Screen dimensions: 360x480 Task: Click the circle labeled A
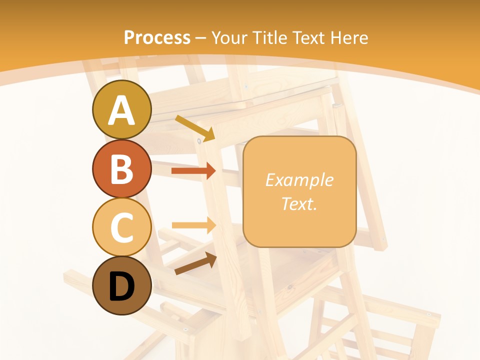point(121,109)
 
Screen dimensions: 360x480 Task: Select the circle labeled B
point(121,168)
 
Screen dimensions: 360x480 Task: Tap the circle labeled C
point(121,227)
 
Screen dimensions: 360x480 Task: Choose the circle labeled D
point(121,285)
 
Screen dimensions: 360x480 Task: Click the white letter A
point(121,110)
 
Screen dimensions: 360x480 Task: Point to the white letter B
point(121,169)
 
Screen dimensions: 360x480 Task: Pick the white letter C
point(121,227)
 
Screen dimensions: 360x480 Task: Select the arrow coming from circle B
point(193,171)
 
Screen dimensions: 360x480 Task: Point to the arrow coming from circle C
point(193,225)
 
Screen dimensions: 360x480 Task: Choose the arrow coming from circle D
point(195,263)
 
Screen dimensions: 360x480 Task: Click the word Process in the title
point(157,37)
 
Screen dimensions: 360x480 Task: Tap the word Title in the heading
point(269,37)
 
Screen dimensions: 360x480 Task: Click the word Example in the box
point(299,180)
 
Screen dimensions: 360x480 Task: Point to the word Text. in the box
point(299,203)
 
